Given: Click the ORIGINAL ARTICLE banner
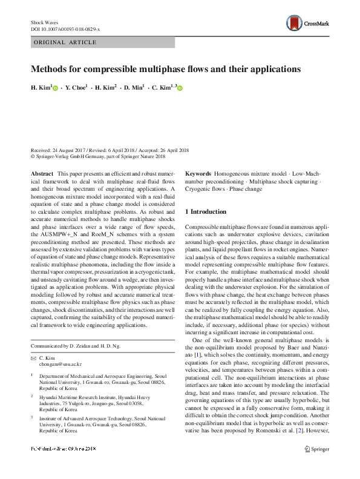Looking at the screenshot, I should (x=65, y=42).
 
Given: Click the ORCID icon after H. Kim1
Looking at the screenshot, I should (x=56, y=89).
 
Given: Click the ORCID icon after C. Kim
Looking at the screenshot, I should (x=180, y=89).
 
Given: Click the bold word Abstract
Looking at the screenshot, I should (x=42, y=174).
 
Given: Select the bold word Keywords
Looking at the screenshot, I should (x=198, y=174).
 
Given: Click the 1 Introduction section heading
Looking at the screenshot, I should (x=206, y=212).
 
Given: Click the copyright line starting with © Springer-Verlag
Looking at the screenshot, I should (x=98, y=156).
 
